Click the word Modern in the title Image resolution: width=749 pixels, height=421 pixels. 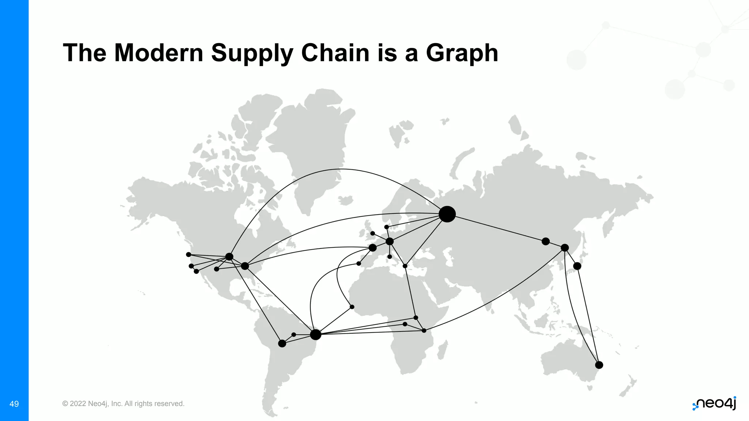(x=159, y=53)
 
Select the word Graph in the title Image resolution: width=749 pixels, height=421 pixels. (x=462, y=53)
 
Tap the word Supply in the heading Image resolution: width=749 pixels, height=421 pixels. (x=252, y=53)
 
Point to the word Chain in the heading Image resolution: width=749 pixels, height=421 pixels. (x=336, y=53)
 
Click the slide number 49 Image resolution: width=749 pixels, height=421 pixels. (x=14, y=404)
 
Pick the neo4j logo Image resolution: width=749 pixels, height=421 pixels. (x=714, y=403)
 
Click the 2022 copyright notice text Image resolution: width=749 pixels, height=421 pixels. (x=123, y=404)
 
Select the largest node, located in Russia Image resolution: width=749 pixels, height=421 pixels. (x=447, y=214)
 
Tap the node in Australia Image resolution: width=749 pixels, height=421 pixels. (x=599, y=365)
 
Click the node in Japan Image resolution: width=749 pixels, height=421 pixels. (x=577, y=266)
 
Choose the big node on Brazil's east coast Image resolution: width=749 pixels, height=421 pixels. (x=315, y=334)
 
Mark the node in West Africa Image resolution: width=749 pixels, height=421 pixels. (x=352, y=307)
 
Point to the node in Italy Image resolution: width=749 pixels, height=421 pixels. (x=389, y=257)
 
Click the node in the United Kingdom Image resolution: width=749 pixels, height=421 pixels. (x=372, y=233)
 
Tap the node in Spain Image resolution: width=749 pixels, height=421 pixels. (x=359, y=263)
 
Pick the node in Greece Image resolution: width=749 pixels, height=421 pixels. (x=405, y=266)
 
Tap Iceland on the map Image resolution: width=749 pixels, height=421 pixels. (x=346, y=200)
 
